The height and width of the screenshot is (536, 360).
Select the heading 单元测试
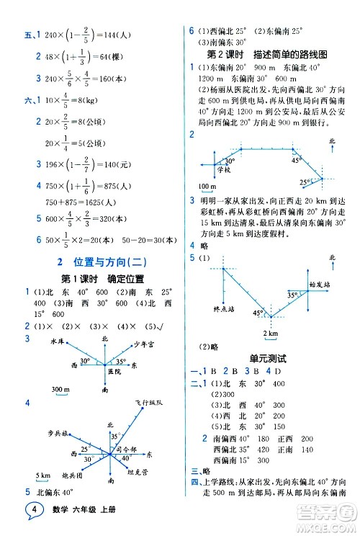click(267, 357)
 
